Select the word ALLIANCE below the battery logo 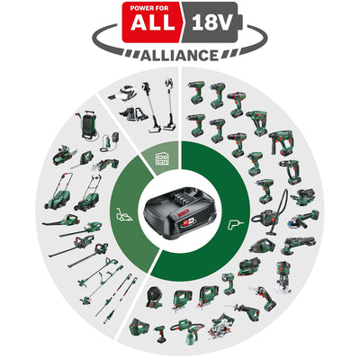180,55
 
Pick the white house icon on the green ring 162,157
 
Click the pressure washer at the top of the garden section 90,127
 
